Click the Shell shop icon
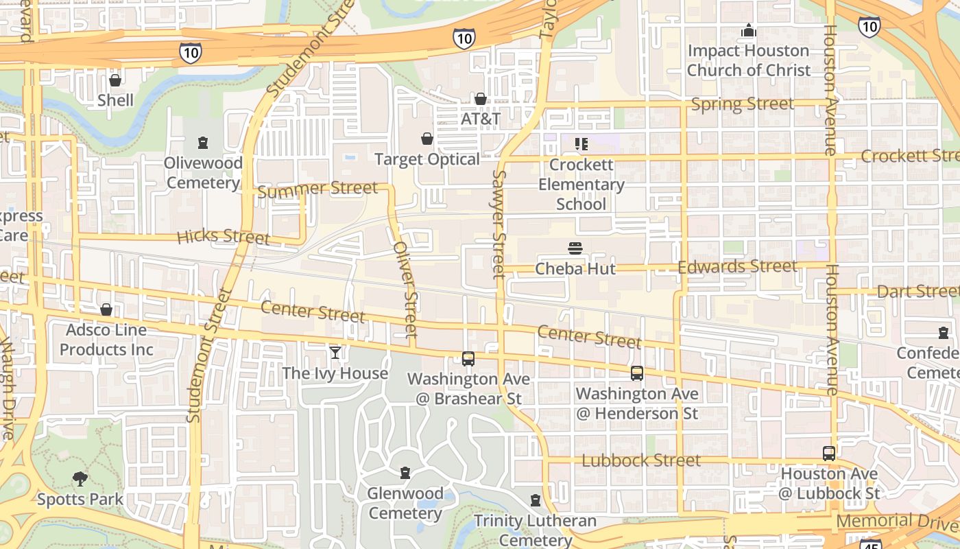(x=115, y=80)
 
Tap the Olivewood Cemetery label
(x=203, y=173)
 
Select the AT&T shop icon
(x=481, y=99)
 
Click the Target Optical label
(x=427, y=159)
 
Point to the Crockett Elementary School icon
(x=581, y=144)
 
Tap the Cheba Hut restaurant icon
(x=575, y=248)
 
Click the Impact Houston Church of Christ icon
(x=748, y=30)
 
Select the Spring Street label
(x=742, y=104)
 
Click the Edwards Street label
(x=737, y=266)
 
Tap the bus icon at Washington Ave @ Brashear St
(x=468, y=358)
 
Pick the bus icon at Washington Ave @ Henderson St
(x=637, y=373)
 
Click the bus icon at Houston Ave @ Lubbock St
(x=829, y=453)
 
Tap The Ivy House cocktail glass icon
(x=335, y=353)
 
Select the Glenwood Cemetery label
(x=405, y=503)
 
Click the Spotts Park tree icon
(x=80, y=478)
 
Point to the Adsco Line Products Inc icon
(x=106, y=309)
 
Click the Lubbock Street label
(x=641, y=460)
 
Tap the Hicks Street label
(x=223, y=237)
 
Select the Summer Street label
(x=317, y=189)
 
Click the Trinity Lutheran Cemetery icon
(x=536, y=500)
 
